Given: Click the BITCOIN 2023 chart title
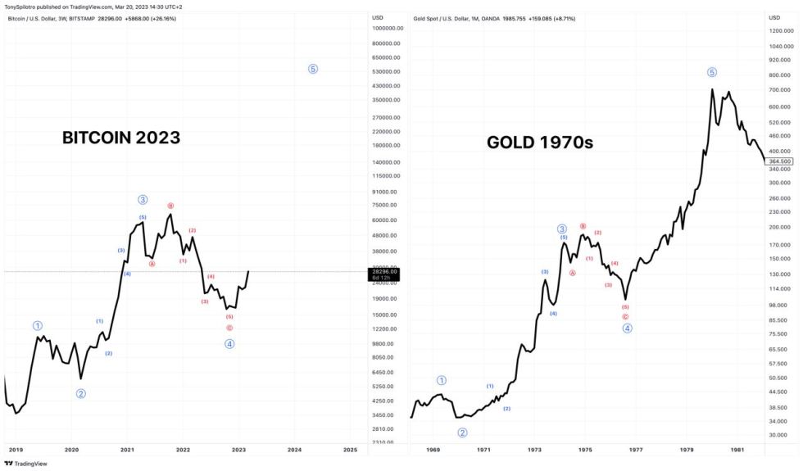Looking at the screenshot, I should (121, 138).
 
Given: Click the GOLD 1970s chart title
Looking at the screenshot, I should (540, 143).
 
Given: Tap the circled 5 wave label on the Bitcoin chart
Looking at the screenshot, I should (313, 69).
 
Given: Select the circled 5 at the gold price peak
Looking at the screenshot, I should (712, 72).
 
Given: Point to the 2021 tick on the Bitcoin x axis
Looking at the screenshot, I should (127, 450).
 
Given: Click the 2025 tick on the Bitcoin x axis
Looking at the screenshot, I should (350, 450).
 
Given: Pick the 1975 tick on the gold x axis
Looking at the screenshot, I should (585, 450).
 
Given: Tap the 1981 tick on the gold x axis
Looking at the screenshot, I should (737, 450).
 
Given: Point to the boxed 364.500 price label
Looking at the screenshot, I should (779, 161).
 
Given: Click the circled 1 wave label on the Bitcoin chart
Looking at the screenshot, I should (38, 325).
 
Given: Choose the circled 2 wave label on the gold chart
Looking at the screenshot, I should (462, 433).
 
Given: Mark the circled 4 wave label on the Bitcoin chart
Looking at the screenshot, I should (229, 343).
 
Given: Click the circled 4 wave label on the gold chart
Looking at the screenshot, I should (627, 328).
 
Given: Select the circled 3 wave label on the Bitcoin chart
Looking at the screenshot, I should (143, 199).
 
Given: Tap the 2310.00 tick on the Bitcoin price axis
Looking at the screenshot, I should (386, 442).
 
